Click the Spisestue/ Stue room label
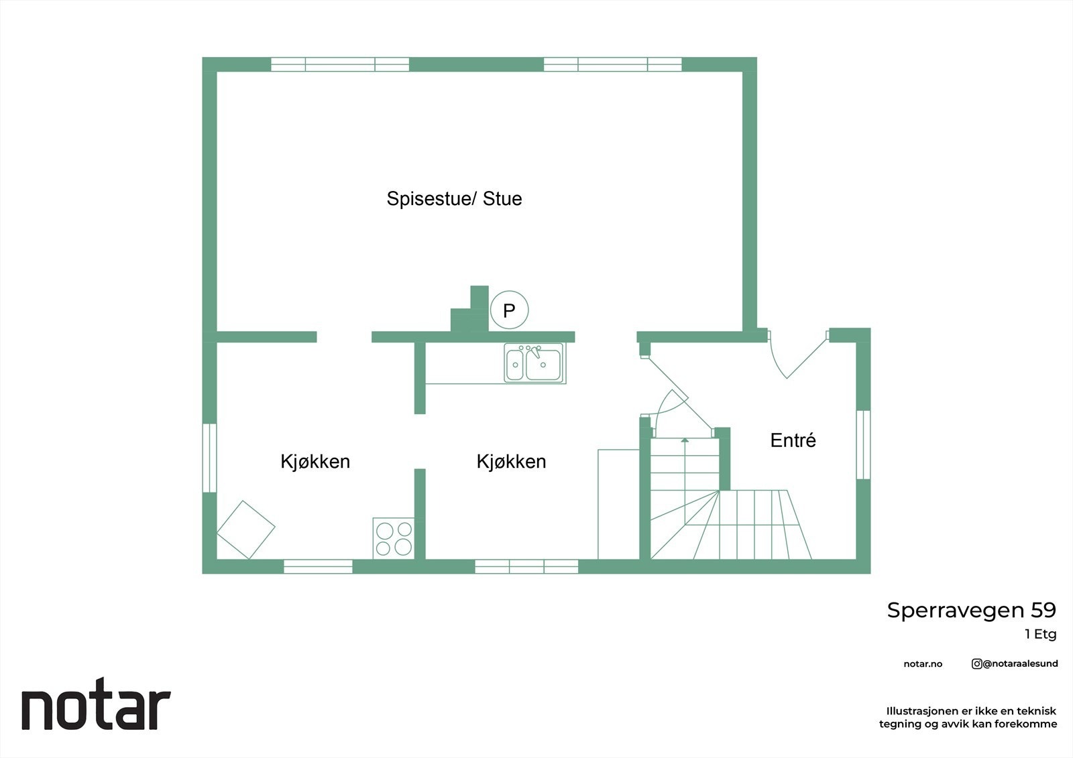(x=454, y=199)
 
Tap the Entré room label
(x=793, y=440)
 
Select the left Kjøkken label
(x=315, y=462)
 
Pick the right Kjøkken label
(x=511, y=462)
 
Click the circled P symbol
(x=509, y=310)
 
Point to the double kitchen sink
(x=534, y=363)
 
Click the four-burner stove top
(x=394, y=539)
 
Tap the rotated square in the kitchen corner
(x=245, y=529)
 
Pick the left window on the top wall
(x=340, y=64)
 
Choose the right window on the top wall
(x=612, y=64)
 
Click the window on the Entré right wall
(x=863, y=444)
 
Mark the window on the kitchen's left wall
(x=209, y=458)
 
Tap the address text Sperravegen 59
(x=971, y=611)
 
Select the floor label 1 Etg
(x=1040, y=634)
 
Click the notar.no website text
(x=923, y=664)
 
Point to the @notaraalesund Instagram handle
(x=1019, y=664)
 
